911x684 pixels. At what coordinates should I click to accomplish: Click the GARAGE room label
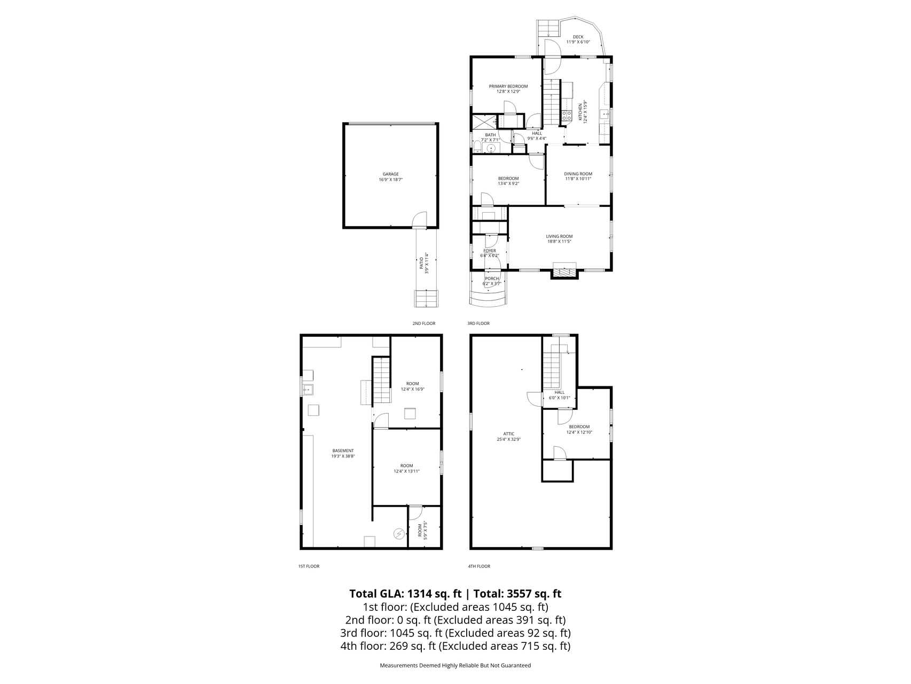point(390,174)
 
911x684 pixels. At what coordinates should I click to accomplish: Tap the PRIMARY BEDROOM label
point(508,87)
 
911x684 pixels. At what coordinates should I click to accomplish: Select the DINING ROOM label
point(578,174)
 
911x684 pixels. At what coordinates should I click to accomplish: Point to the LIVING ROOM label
point(559,236)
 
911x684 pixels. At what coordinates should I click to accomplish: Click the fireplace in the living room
point(564,272)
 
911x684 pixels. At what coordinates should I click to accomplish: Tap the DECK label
point(578,37)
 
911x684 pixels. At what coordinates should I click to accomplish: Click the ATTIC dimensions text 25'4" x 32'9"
point(508,439)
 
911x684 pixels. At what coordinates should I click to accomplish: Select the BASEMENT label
point(343,450)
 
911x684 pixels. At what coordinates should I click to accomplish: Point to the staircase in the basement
point(381,380)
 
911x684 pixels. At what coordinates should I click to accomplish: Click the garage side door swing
point(420,220)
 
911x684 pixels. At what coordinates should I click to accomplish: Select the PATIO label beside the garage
point(421,263)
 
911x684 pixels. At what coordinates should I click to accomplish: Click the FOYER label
point(489,251)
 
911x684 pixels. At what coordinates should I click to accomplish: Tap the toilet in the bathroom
point(477,147)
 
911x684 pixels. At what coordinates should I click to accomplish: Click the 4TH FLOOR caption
point(478,566)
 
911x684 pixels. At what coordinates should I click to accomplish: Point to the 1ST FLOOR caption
point(308,566)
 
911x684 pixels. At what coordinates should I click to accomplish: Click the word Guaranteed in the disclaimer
point(515,666)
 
